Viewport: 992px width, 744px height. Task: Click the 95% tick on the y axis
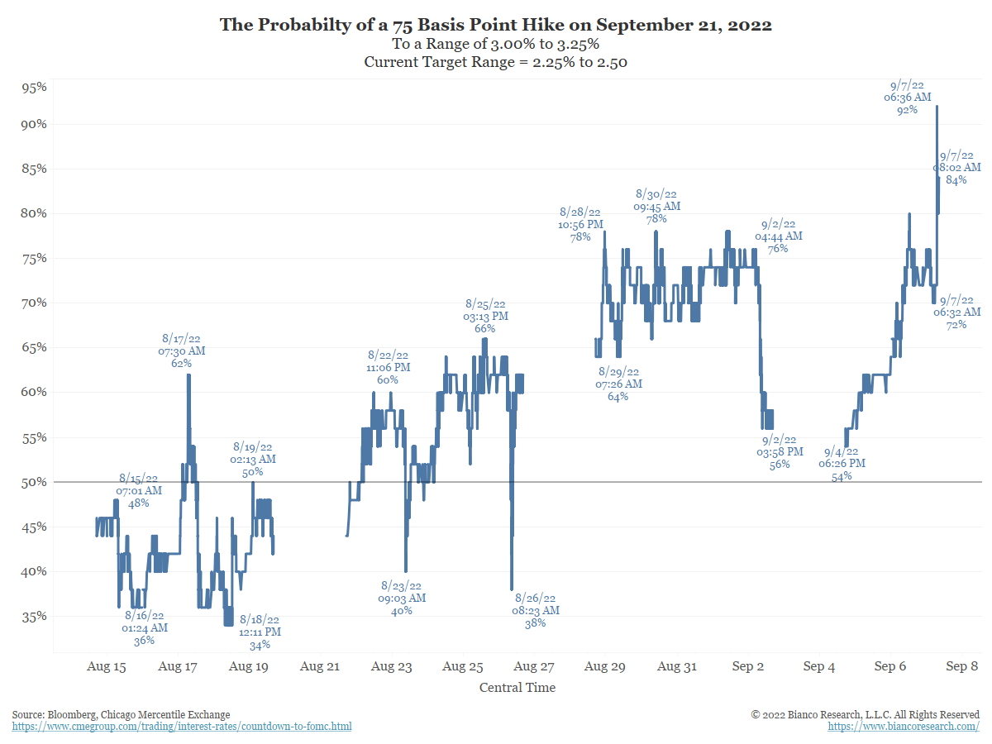pos(33,88)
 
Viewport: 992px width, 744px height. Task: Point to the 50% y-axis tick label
pos(33,482)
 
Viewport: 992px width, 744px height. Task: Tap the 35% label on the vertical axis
pos(33,617)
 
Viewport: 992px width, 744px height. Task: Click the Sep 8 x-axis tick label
pos(962,666)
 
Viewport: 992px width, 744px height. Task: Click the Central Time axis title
pos(517,688)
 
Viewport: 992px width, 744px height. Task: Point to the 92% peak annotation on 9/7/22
pos(907,98)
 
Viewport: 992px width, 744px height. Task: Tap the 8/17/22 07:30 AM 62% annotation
pos(182,351)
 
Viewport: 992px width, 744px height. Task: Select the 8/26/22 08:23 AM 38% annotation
pos(536,610)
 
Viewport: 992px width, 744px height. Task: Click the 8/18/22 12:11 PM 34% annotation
pos(260,632)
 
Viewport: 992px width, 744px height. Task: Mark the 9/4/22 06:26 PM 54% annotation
pos(842,464)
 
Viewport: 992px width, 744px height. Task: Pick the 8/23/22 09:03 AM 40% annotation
pos(402,598)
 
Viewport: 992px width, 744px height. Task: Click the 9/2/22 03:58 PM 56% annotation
pos(780,451)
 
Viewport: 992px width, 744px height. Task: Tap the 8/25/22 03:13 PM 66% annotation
pos(485,316)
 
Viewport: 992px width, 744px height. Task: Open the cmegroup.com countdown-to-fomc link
pos(182,727)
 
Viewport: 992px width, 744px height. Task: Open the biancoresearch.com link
pos(904,727)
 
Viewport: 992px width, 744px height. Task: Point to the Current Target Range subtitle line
pos(496,62)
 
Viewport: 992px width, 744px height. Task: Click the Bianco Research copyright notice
pos(865,714)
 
